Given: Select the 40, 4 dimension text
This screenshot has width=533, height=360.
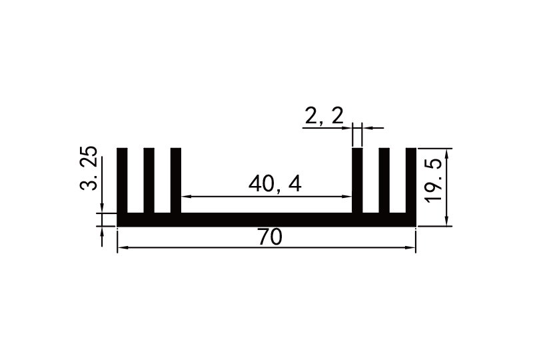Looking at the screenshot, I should pyautogui.click(x=274, y=183).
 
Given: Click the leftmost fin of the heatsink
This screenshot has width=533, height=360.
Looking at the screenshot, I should pyautogui.click(x=122, y=180).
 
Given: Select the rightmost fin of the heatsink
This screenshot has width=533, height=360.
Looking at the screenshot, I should pyautogui.click(x=410, y=180).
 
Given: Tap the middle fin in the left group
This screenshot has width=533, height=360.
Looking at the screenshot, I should pyautogui.click(x=149, y=180).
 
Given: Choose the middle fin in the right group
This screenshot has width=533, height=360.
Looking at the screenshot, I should pyautogui.click(x=384, y=180).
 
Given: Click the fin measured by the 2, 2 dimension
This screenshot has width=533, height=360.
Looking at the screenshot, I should pyautogui.click(x=357, y=180).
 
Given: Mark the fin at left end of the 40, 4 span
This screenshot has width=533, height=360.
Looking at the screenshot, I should pyautogui.click(x=176, y=180).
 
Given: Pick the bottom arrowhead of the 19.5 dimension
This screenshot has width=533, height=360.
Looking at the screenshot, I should pyautogui.click(x=447, y=221).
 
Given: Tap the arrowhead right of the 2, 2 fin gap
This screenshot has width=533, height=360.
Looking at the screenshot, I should pyautogui.click(x=366, y=127).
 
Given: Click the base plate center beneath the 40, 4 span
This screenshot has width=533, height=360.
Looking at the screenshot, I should pyautogui.click(x=266, y=220).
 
